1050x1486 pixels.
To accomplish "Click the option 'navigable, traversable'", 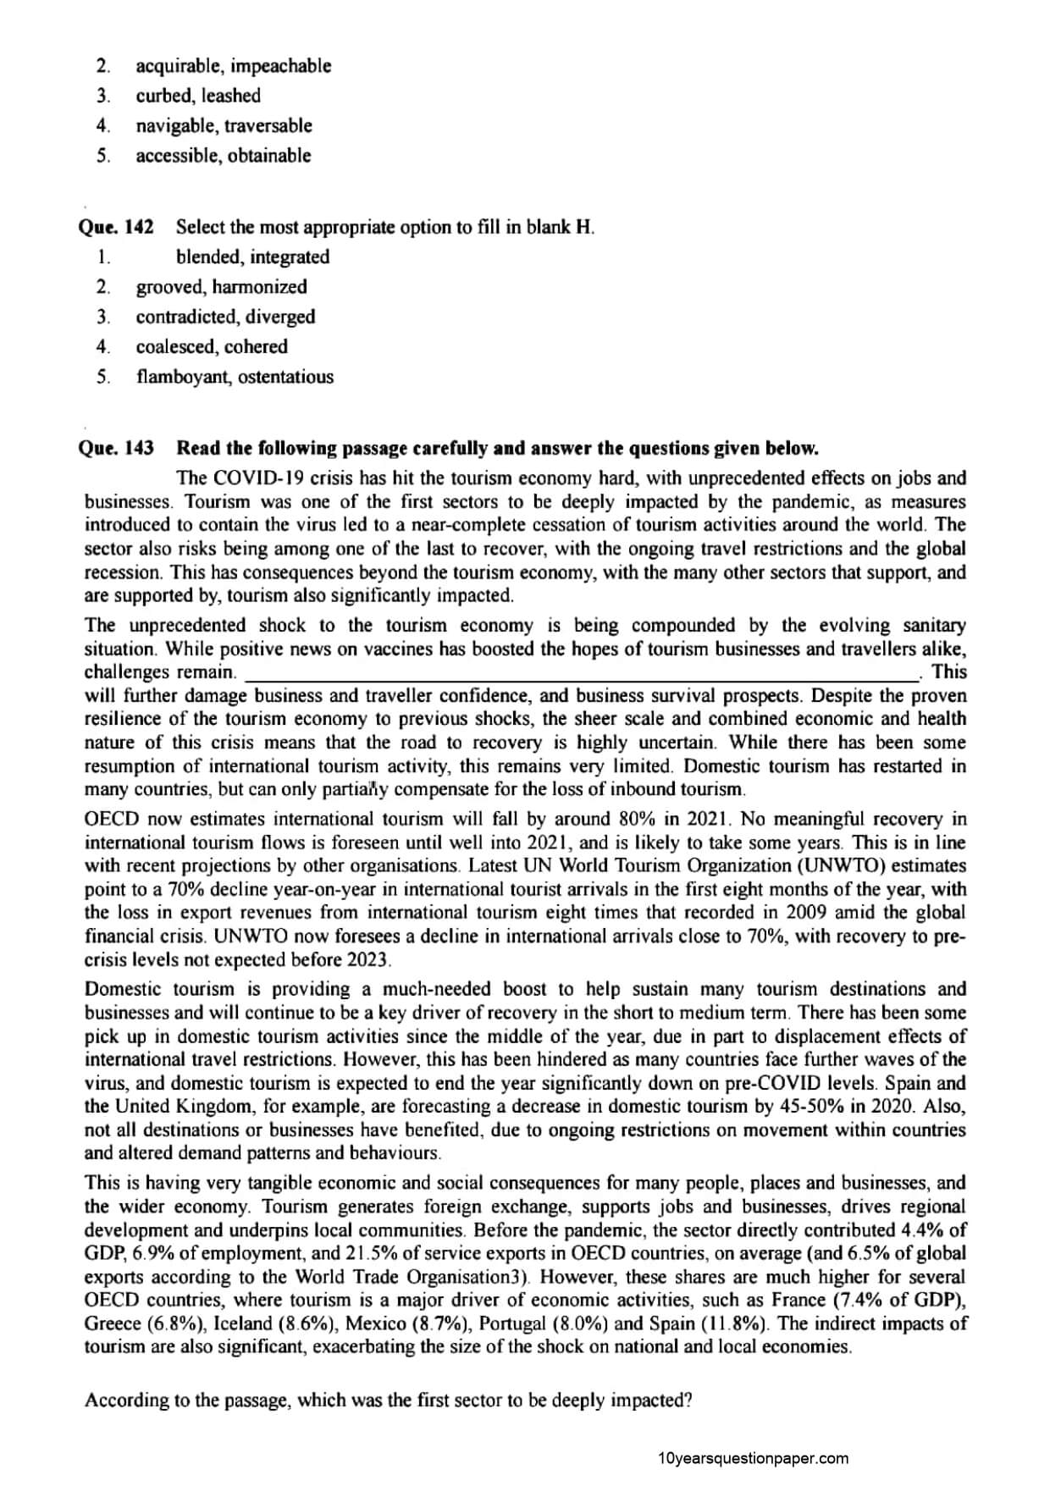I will coord(224,126).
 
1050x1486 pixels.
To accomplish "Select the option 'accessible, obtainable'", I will coord(224,156).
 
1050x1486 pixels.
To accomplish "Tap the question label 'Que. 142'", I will coord(116,227).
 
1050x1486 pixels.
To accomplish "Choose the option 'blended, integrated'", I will coord(252,257).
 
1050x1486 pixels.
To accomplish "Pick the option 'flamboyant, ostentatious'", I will coord(235,377).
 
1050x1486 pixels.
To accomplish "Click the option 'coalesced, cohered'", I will coord(212,346).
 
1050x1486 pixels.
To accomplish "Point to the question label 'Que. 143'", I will coord(116,447).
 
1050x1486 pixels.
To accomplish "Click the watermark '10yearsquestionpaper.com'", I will coord(752,1458).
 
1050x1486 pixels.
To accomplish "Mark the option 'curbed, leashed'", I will coord(198,96).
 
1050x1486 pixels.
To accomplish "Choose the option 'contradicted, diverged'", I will coord(225,317).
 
